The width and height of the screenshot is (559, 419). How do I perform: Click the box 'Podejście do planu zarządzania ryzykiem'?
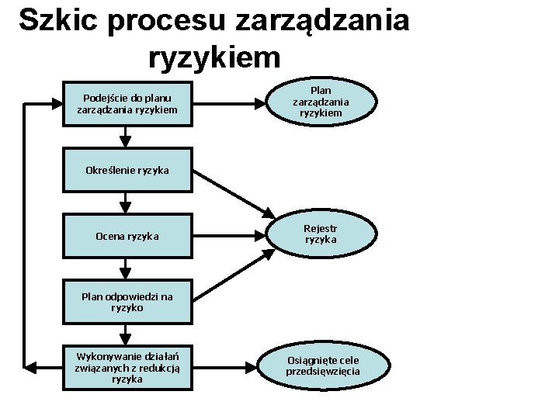(127, 104)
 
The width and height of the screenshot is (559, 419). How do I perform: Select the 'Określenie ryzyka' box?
(127, 169)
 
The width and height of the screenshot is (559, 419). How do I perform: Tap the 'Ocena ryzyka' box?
(127, 236)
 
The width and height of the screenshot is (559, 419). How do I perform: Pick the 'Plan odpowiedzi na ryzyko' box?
(127, 302)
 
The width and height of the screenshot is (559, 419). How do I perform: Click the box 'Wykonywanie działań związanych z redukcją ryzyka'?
(127, 367)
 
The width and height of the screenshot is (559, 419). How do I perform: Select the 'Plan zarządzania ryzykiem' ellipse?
(321, 102)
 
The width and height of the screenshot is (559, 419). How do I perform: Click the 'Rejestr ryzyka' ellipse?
(321, 234)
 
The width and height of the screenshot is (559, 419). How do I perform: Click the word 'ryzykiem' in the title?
(212, 56)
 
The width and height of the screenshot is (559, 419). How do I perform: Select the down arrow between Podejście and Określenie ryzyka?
(124, 139)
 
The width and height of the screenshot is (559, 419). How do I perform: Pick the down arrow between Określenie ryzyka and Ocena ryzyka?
(124, 203)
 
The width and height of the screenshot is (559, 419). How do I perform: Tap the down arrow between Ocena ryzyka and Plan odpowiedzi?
(124, 270)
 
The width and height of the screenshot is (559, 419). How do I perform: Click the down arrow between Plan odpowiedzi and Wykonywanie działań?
(124, 335)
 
